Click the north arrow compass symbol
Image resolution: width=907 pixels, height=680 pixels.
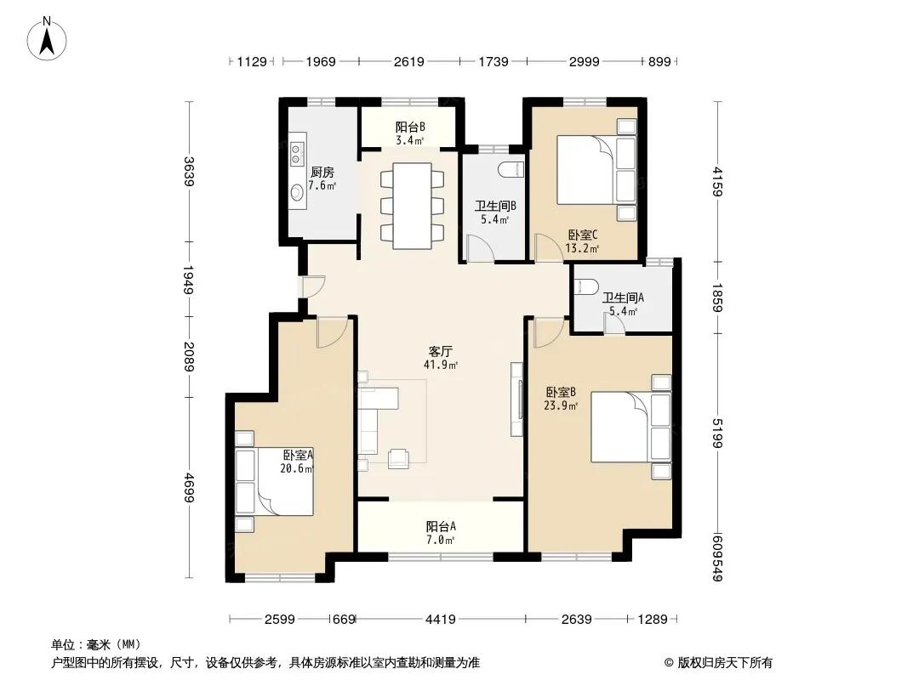coord(47,38)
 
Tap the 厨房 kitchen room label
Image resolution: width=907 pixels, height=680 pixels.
coord(322,173)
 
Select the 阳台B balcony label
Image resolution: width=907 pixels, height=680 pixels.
coord(411,127)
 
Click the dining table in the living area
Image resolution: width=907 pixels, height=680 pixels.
coord(412,207)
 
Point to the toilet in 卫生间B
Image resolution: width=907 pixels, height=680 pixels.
coord(511,169)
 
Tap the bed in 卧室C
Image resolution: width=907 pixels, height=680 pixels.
coord(596,170)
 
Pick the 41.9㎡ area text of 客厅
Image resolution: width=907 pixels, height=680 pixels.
coord(441,365)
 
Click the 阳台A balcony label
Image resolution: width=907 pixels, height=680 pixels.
coord(441,526)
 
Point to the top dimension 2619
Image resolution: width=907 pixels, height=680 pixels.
coord(409,61)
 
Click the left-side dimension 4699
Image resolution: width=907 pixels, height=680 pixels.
coord(189,488)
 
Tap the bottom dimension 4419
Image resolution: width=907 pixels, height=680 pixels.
coord(441,620)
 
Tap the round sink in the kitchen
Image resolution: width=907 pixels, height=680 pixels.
coord(297,191)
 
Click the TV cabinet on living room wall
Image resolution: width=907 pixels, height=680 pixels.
coord(516,399)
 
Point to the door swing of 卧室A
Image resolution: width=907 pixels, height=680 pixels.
coord(332,332)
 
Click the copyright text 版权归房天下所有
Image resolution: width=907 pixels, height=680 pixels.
coord(725,663)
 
